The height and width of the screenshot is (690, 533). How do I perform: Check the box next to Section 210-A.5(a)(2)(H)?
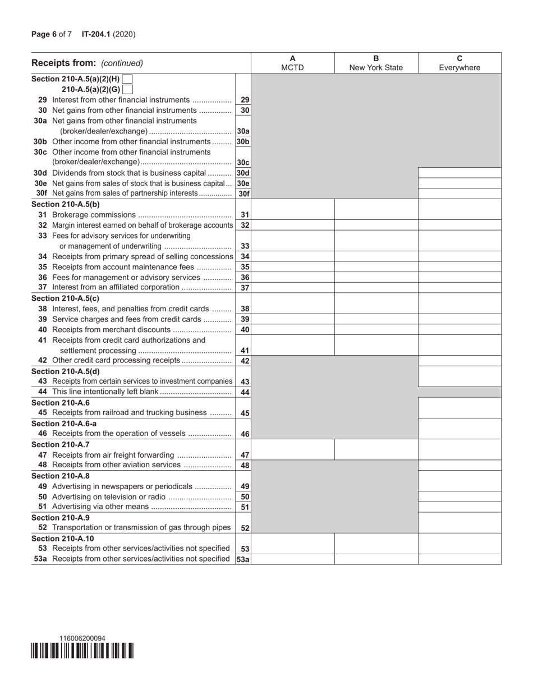click(127, 79)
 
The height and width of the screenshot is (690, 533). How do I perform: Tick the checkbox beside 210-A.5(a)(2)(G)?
click(127, 89)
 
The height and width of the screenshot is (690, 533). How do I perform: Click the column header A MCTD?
click(292, 63)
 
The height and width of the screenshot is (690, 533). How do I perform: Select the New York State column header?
click(376, 63)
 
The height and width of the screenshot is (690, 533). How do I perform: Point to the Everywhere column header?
click(460, 63)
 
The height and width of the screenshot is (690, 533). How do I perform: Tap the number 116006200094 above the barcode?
click(82, 638)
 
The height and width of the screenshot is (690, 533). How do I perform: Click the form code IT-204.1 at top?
click(96, 34)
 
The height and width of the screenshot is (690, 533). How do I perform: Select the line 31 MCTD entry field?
click(292, 214)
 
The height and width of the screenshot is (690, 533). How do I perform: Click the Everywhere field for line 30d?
click(460, 173)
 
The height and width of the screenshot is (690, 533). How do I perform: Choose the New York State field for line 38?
click(376, 309)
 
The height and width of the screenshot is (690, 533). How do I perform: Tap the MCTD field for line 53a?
click(292, 559)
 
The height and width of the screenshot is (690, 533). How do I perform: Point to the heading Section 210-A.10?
click(63, 538)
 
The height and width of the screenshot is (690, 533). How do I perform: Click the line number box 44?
click(245, 392)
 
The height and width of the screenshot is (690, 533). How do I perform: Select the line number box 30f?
click(244, 194)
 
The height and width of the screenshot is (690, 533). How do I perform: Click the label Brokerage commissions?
click(94, 215)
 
